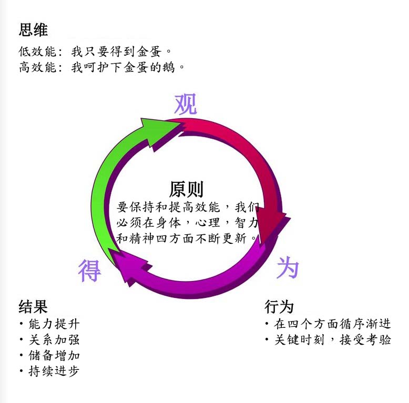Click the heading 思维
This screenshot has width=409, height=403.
click(x=33, y=29)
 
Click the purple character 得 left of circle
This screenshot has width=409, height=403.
click(x=89, y=270)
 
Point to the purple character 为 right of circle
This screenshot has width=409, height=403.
click(x=288, y=268)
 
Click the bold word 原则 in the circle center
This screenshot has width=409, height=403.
click(x=186, y=189)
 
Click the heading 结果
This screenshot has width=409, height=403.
click(x=33, y=306)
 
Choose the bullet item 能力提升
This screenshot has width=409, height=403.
click(x=54, y=324)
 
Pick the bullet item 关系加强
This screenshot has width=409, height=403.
click(x=54, y=340)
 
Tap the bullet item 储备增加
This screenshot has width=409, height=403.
click(x=54, y=356)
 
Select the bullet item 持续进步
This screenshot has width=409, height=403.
click(x=54, y=371)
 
